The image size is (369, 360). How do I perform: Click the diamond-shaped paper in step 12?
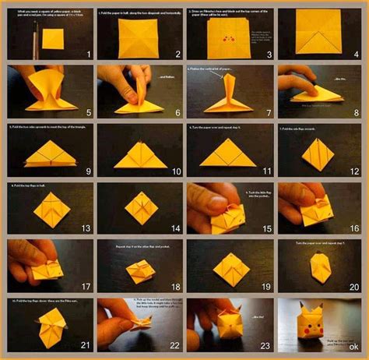[x=318, y=152]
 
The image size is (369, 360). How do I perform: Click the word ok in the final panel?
[x=354, y=347]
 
